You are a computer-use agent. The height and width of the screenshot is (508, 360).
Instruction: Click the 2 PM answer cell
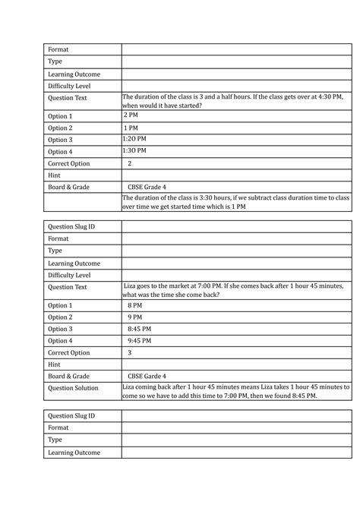131,115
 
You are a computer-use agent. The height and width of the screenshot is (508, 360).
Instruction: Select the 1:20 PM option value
134,140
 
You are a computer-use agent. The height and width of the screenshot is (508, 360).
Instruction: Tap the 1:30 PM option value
134,151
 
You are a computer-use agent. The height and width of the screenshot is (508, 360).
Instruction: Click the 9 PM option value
134,317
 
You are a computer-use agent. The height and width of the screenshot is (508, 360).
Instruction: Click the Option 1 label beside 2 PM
61,116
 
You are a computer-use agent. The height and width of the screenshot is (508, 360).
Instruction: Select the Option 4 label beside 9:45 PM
61,340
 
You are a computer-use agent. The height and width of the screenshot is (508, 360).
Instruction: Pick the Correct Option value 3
129,352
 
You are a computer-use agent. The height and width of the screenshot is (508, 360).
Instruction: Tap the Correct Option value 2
129,163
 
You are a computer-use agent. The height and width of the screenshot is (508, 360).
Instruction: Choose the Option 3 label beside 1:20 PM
61,140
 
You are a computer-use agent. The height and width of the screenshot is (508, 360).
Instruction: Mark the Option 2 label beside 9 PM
61,317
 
